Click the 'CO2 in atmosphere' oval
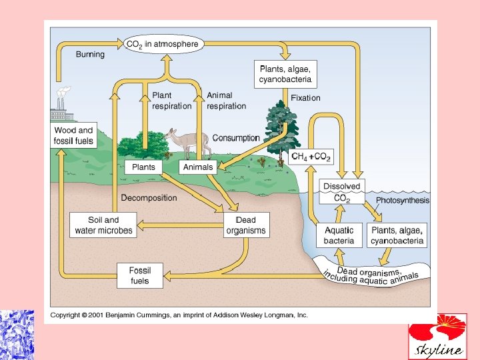(162, 45)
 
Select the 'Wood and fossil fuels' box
(74, 135)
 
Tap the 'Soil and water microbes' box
(104, 225)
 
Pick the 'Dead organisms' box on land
(246, 225)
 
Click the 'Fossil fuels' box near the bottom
(140, 275)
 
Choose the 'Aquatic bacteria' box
(339, 235)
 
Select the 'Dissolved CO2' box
(341, 191)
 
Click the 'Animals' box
(198, 167)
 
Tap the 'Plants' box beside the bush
(144, 167)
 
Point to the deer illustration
(187, 141)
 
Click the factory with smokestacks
(61, 107)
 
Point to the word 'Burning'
(90, 54)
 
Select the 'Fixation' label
(305, 98)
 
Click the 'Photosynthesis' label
(403, 200)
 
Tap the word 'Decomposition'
(149, 197)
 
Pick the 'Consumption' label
(236, 138)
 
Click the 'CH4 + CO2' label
(311, 157)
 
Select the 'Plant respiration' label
(171, 101)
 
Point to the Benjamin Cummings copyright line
(179, 315)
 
